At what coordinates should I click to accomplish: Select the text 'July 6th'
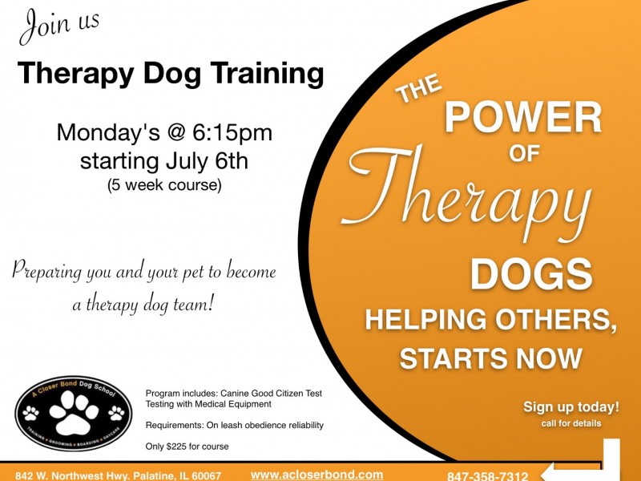(205, 160)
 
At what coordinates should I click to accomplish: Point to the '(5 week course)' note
(164, 185)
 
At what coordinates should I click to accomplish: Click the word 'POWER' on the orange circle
(522, 119)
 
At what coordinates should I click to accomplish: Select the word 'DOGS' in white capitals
(531, 275)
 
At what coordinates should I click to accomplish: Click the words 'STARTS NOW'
(490, 358)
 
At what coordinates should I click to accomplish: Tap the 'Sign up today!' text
(571, 406)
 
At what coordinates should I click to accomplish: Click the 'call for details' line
(571, 422)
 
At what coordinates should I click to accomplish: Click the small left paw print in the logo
(31, 413)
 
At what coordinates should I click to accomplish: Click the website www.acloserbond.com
(317, 475)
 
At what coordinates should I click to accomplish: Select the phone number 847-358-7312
(487, 476)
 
